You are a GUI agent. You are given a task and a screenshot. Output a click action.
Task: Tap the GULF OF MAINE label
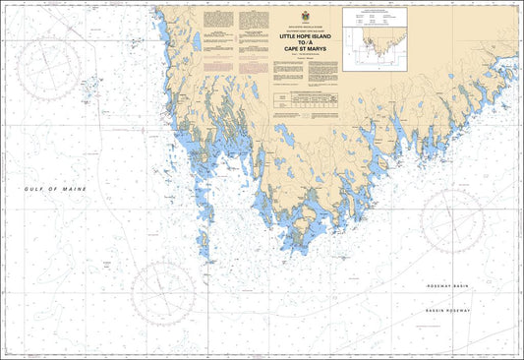pos(56,188)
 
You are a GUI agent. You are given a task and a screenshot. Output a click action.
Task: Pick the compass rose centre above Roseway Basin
pos(452,221)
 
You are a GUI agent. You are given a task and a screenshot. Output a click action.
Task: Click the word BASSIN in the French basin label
pos(436,310)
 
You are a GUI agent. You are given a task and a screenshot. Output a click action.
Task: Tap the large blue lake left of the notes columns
pos(198,41)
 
